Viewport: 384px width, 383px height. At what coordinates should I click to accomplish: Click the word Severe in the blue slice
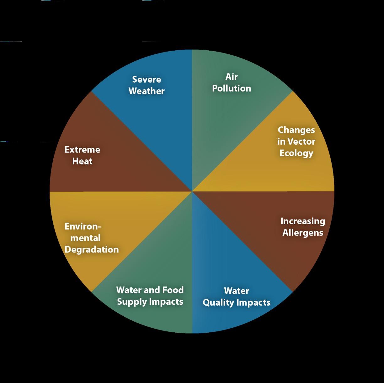(147, 80)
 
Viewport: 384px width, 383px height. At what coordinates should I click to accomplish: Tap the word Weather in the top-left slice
(147, 91)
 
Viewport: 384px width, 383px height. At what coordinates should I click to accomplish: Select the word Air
(232, 77)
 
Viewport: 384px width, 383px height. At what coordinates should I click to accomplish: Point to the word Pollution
(232, 88)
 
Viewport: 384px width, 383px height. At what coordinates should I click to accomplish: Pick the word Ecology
(296, 153)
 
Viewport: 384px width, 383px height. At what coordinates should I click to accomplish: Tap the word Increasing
(303, 221)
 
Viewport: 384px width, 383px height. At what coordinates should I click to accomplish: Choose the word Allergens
(303, 233)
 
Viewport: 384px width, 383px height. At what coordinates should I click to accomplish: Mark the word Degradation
(92, 250)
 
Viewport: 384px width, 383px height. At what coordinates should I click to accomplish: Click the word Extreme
(82, 150)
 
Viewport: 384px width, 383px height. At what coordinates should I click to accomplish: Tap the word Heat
(82, 161)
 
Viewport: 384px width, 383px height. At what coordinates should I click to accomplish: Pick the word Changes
(296, 130)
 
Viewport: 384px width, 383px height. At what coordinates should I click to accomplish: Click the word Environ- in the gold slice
(83, 227)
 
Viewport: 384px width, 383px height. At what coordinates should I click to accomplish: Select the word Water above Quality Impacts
(237, 291)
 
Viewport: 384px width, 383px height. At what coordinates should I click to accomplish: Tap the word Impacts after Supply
(166, 302)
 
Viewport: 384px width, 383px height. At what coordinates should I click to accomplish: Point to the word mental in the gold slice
(85, 238)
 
